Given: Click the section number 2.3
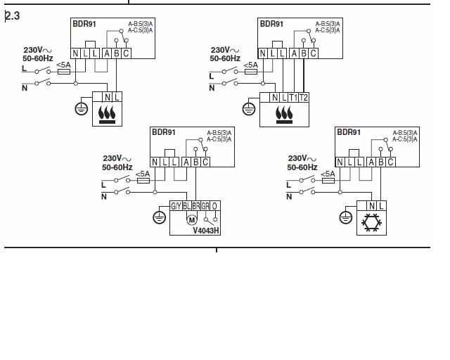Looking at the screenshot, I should coord(12,15).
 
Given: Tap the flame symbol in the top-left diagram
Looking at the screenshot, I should coord(107,114).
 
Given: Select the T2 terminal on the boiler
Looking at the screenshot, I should coord(304,97).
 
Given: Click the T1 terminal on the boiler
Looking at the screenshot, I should coord(293,97).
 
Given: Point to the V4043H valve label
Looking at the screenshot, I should coord(206,229).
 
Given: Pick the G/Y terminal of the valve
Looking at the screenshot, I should coord(176,206).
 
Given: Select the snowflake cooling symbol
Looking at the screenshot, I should coord(371,224).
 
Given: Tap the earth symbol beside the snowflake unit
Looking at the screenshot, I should coord(345,218).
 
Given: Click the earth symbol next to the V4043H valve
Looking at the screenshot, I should coord(160,217).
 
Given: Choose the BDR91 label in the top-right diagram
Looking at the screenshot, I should coord(271,24).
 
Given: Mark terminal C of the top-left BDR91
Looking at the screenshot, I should coord(126,53).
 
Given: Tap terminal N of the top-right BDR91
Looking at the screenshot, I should coord(263,53).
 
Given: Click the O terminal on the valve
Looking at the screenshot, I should coord(214,206).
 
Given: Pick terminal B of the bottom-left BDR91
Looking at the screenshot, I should coord(195,162).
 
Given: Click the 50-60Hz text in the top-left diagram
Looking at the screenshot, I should coord(39,59).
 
